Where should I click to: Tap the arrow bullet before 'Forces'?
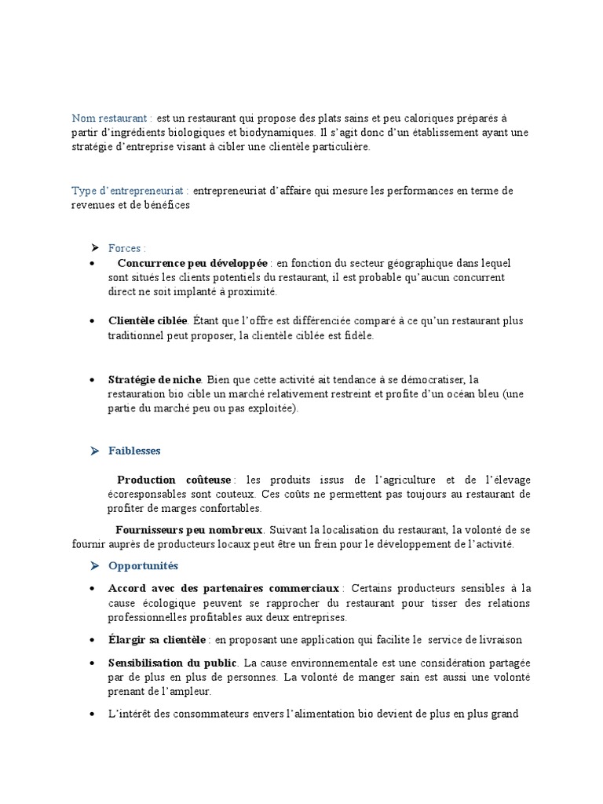click(95, 248)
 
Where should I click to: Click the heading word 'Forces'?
click(126, 248)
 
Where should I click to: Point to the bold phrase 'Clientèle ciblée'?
click(148, 321)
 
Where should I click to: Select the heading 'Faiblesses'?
click(134, 451)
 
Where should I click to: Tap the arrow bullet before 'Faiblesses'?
click(95, 451)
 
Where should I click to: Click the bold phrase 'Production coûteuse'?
click(174, 479)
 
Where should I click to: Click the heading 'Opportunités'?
click(144, 565)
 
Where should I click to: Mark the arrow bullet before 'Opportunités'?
click(95, 565)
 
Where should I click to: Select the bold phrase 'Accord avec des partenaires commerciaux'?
click(224, 588)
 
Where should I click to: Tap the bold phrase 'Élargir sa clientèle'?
click(157, 640)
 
